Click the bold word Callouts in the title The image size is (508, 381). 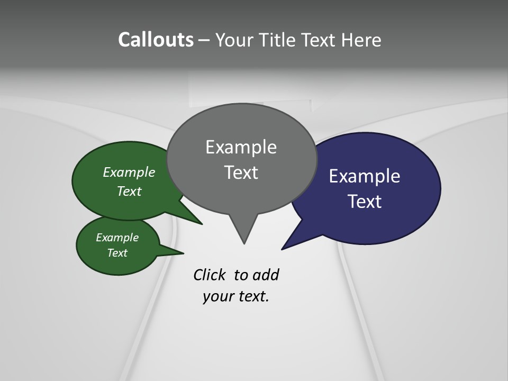156,40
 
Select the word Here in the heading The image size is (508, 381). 361,40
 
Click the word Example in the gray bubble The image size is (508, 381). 241,147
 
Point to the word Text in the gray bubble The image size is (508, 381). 241,173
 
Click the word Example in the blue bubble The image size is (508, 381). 365,176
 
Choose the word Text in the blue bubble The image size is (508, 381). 365,202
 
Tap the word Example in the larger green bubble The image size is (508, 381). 129,173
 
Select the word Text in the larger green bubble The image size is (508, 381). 129,192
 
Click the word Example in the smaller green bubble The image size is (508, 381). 117,238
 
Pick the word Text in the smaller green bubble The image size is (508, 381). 117,253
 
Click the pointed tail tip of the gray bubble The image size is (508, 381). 244,243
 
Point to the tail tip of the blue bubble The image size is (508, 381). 283,249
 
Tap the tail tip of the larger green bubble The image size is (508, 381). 202,224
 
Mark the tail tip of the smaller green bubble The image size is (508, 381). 183,252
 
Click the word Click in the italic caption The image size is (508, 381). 210,275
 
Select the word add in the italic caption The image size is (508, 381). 266,275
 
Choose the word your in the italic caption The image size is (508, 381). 217,296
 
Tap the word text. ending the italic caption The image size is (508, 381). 252,296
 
